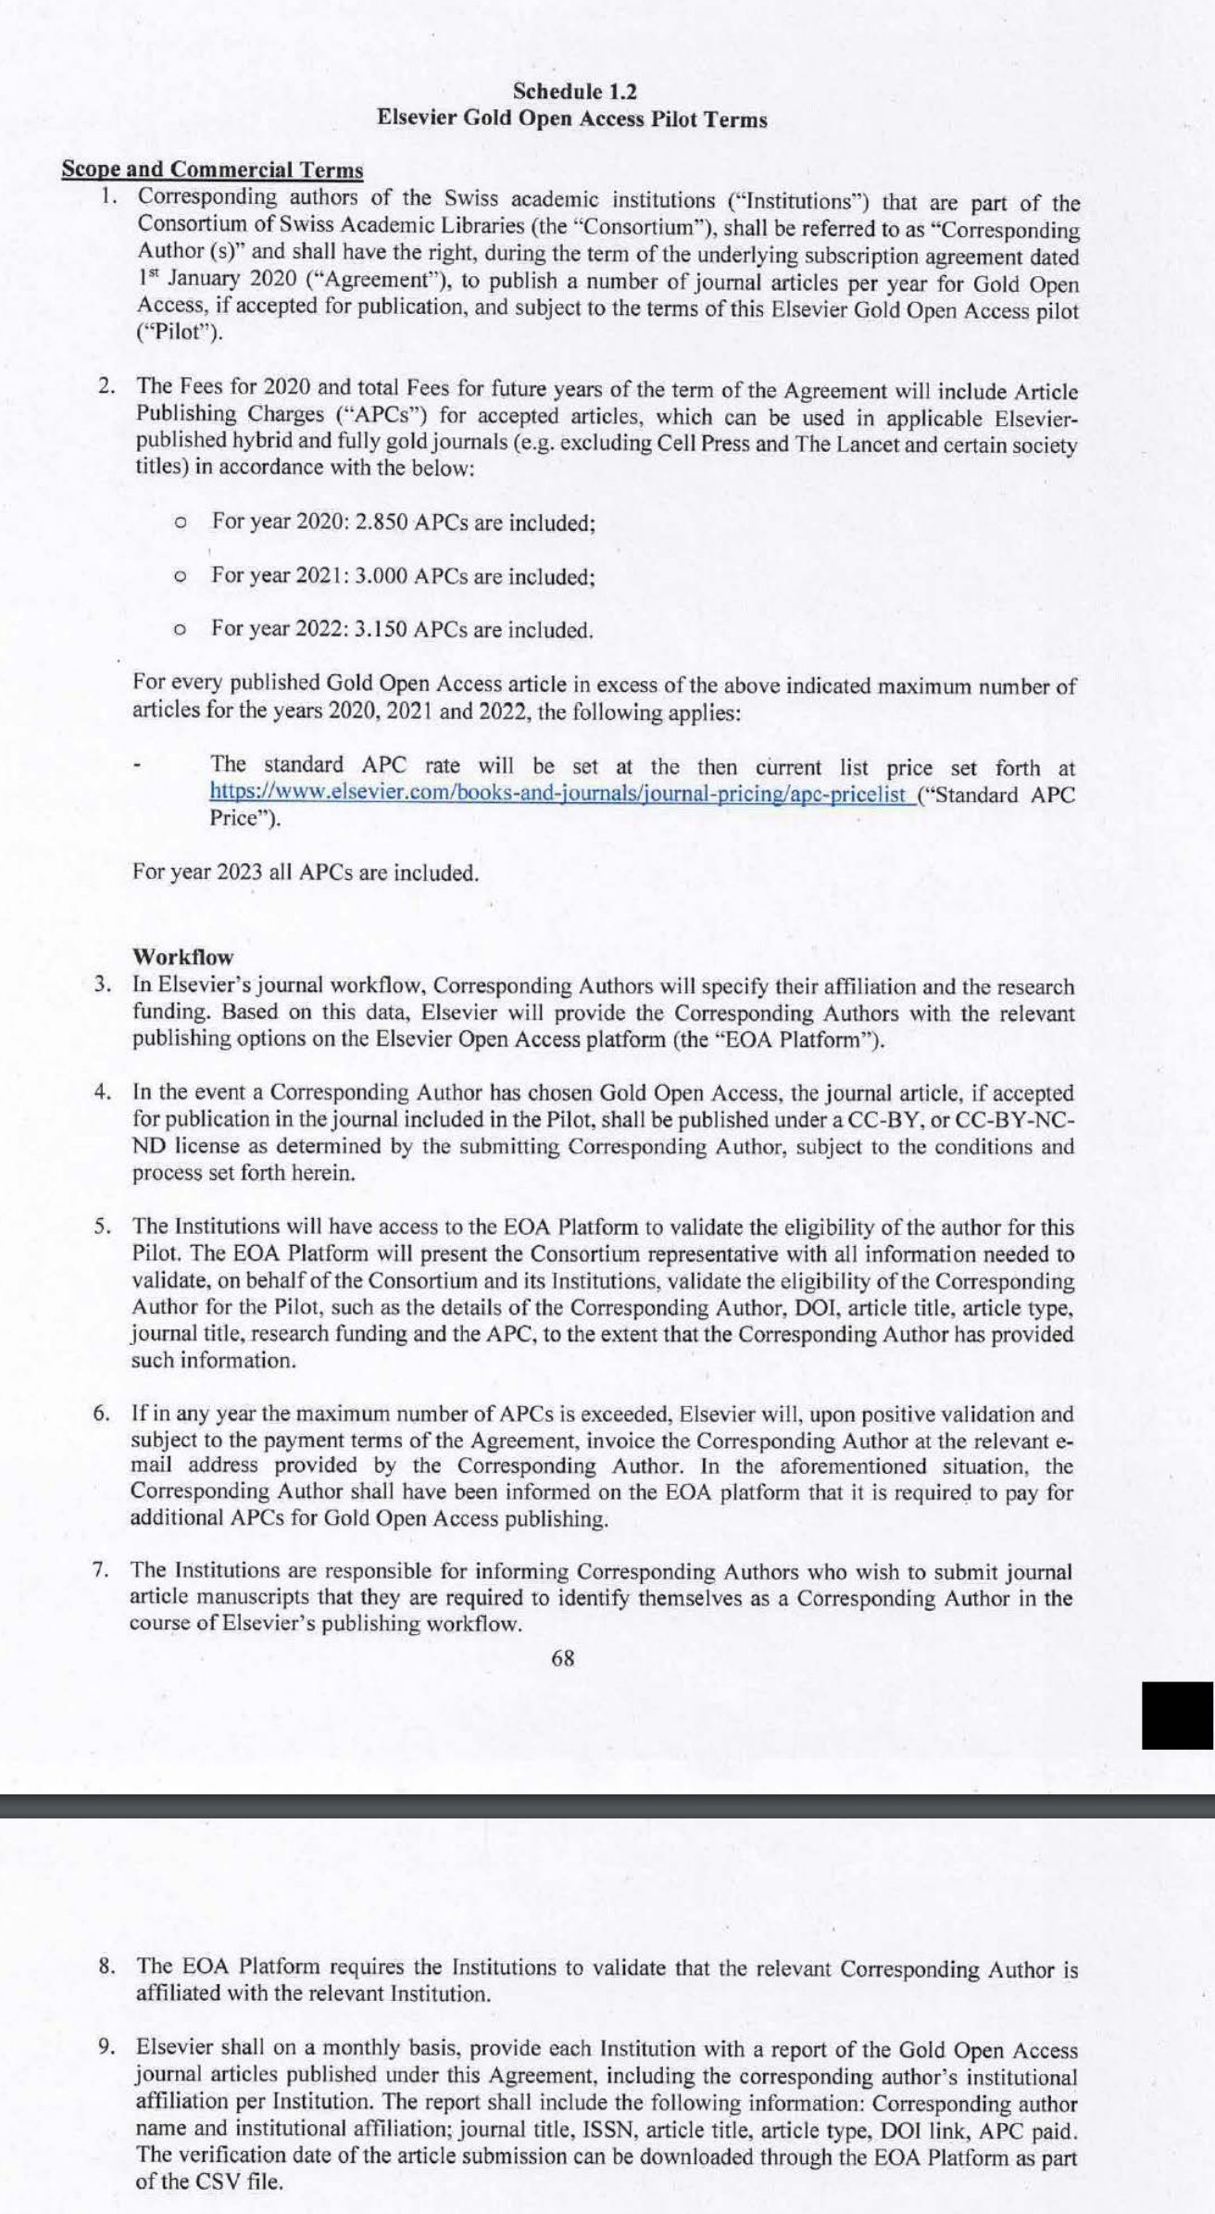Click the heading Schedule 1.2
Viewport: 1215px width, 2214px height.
[x=574, y=91]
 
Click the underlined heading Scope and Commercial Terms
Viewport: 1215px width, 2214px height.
[x=212, y=170]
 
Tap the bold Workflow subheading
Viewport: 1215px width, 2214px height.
[x=183, y=956]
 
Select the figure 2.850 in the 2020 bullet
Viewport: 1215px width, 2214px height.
[x=382, y=522]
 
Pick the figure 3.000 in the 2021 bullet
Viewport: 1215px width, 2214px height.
[x=382, y=575]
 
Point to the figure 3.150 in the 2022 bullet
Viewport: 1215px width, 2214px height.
[x=382, y=629]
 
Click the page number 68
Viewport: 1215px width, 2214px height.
[x=562, y=1659]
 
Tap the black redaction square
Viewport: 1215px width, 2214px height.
[x=1177, y=1715]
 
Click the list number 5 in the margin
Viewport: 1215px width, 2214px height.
[x=103, y=1227]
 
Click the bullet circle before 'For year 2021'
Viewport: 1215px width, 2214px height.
[x=182, y=576]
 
